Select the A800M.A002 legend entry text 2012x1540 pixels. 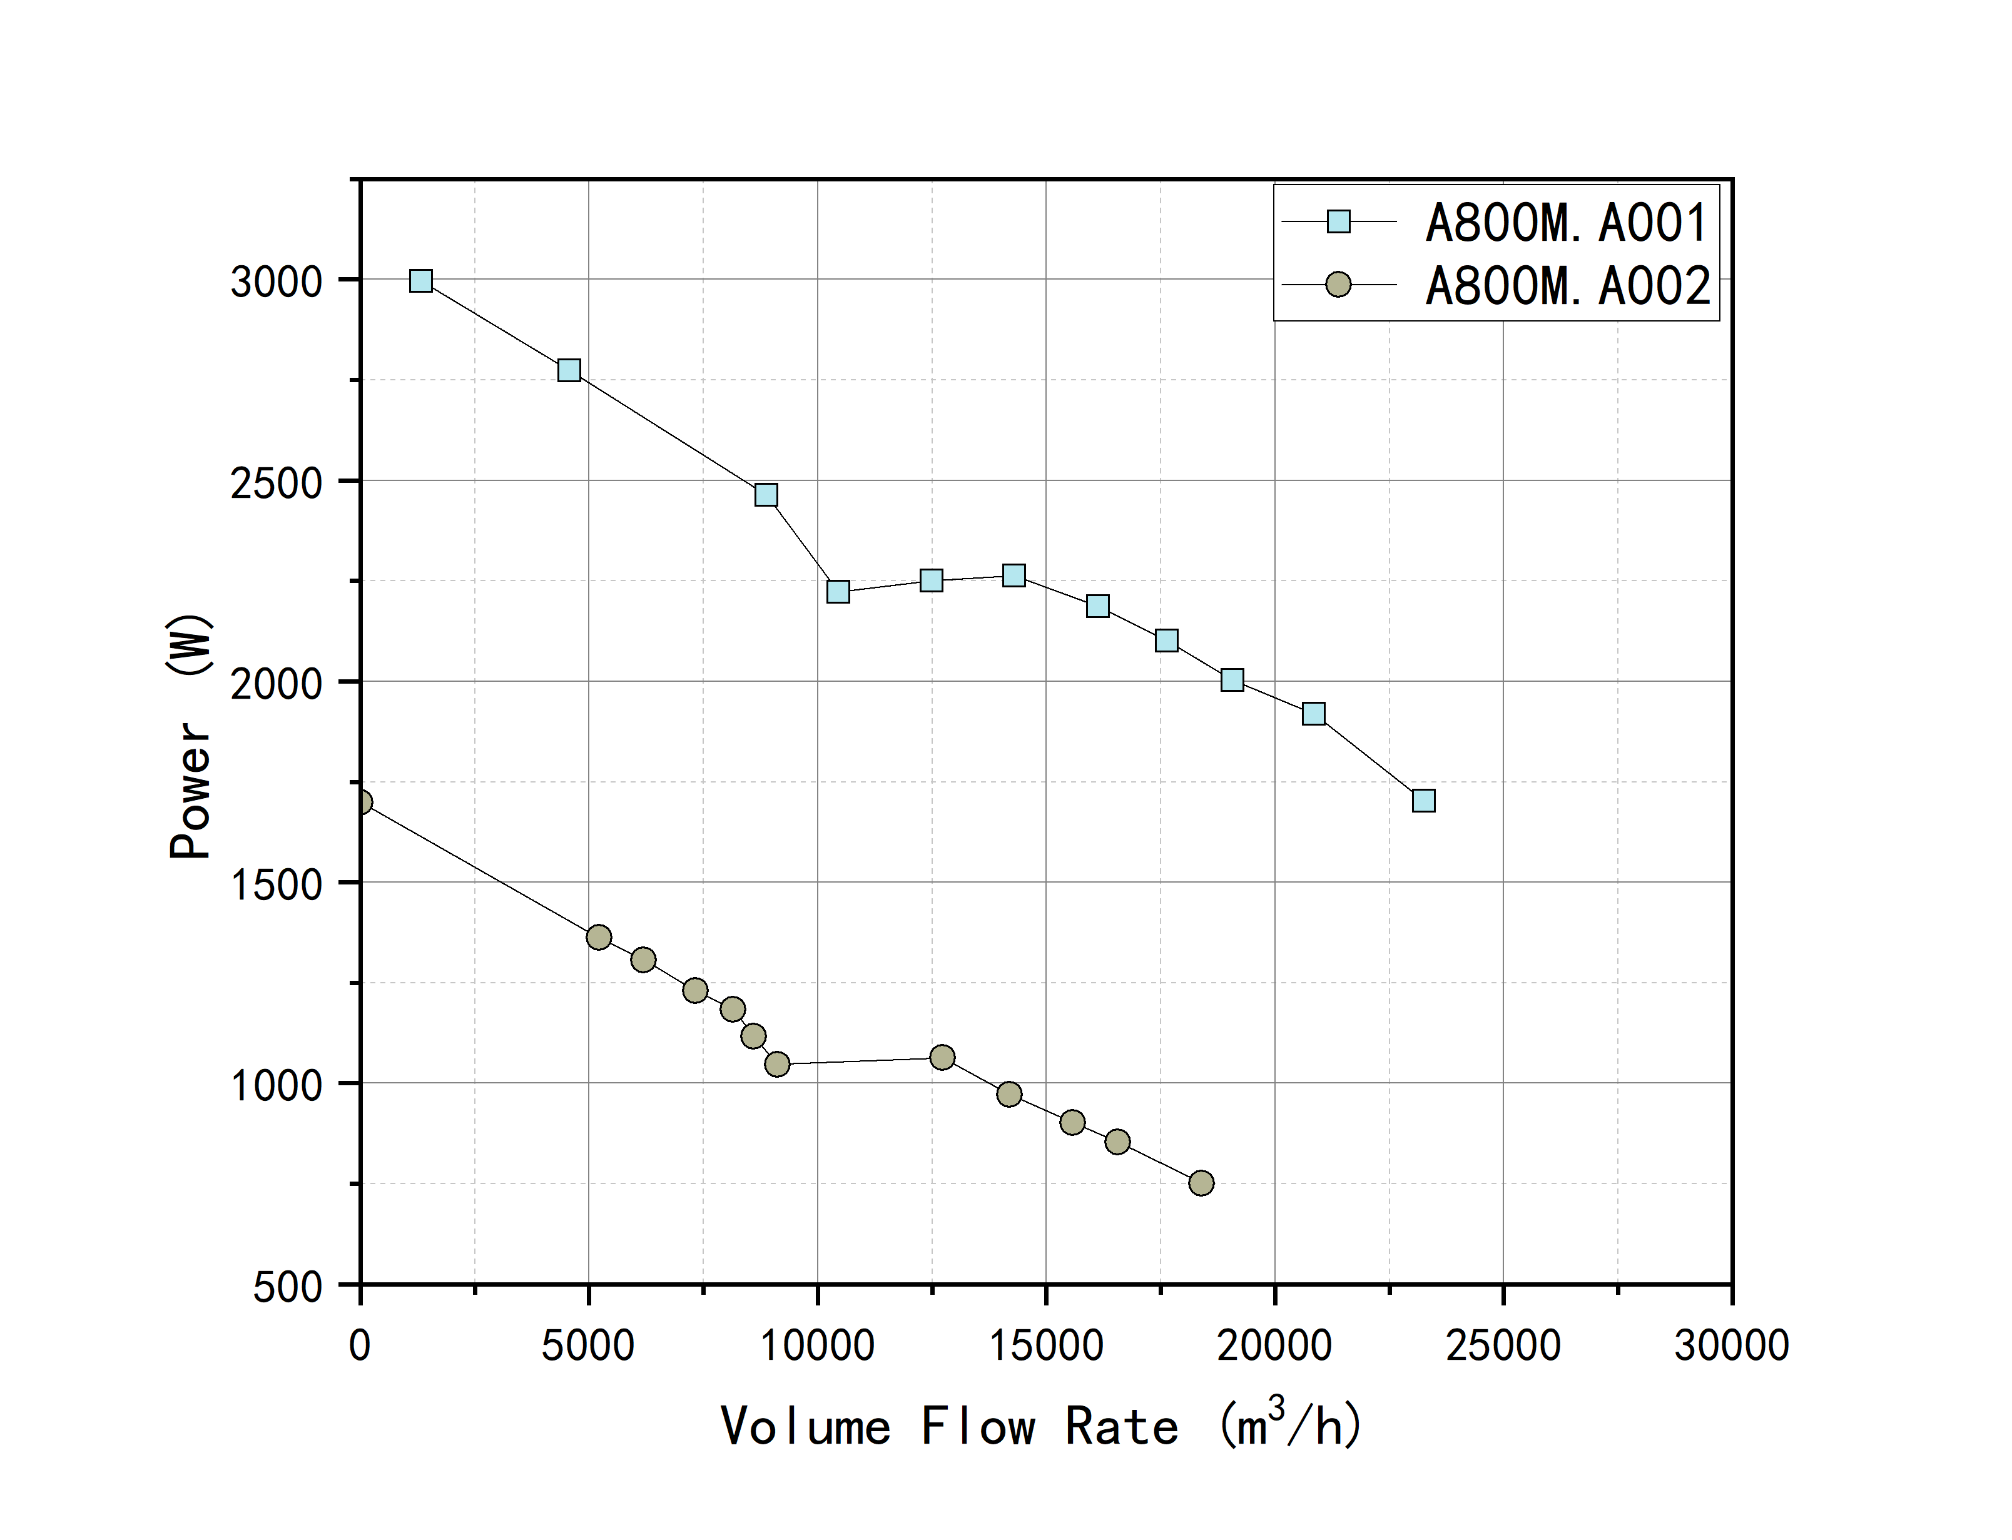click(x=1567, y=286)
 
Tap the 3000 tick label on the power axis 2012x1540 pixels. click(x=276, y=281)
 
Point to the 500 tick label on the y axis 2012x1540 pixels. click(x=287, y=1287)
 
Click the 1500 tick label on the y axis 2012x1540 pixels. click(x=276, y=884)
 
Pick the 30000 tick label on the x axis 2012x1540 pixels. click(x=1730, y=1345)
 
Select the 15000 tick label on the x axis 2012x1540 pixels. click(x=1046, y=1345)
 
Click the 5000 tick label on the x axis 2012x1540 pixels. click(x=587, y=1345)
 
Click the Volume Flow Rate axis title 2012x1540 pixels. click(x=1040, y=1426)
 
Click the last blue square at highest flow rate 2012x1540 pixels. click(x=1423, y=800)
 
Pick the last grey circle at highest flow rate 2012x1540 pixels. click(x=1201, y=1183)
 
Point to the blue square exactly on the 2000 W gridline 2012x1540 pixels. click(x=1232, y=679)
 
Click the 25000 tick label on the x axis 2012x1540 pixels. click(x=1502, y=1345)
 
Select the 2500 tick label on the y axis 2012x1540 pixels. click(x=276, y=483)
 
